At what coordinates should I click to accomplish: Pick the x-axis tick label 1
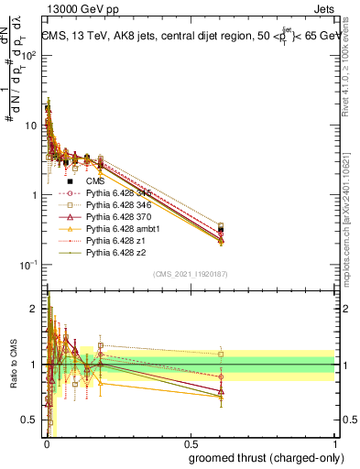pyautogui.click(x=335, y=443)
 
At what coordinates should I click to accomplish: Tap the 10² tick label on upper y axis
pyautogui.click(x=29, y=55)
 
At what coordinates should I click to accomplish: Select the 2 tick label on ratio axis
pyautogui.click(x=34, y=309)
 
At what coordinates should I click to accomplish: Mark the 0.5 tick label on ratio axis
pyautogui.click(x=29, y=420)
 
